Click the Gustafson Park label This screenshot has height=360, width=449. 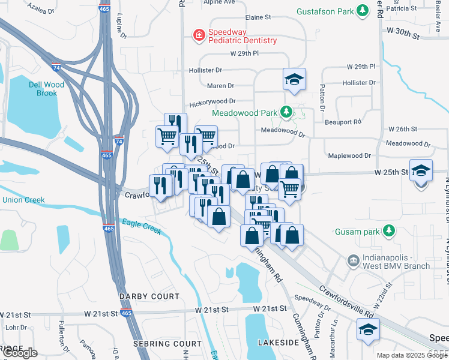[325, 11]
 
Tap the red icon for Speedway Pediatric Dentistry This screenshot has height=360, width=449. [198, 36]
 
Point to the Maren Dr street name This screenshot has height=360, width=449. [220, 86]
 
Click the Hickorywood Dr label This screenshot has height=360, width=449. [212, 103]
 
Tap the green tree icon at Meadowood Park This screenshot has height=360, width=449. [287, 112]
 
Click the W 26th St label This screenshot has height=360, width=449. [402, 129]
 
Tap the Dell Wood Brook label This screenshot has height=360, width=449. [43, 89]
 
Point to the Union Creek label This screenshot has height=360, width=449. [23, 200]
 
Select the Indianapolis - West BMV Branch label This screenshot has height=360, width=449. [397, 262]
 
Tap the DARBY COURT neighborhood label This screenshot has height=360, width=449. [149, 296]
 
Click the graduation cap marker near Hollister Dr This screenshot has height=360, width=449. [294, 80]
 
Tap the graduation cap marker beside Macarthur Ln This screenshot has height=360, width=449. [368, 329]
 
